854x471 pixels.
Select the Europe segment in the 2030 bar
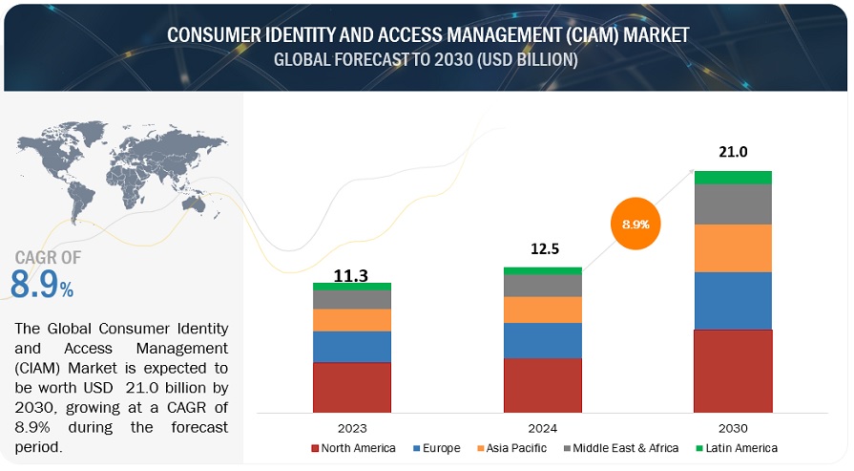point(733,300)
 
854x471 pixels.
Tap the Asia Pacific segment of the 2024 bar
point(543,310)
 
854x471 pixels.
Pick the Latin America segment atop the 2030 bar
point(733,177)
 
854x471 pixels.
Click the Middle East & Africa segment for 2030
point(733,203)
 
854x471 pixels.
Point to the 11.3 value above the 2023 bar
point(352,275)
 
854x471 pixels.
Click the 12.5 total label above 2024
point(542,249)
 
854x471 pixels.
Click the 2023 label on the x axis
point(352,428)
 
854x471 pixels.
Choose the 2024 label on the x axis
point(542,428)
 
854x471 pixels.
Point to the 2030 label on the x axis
point(733,428)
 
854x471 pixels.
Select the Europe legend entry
point(437,448)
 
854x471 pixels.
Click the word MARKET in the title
point(650,35)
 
